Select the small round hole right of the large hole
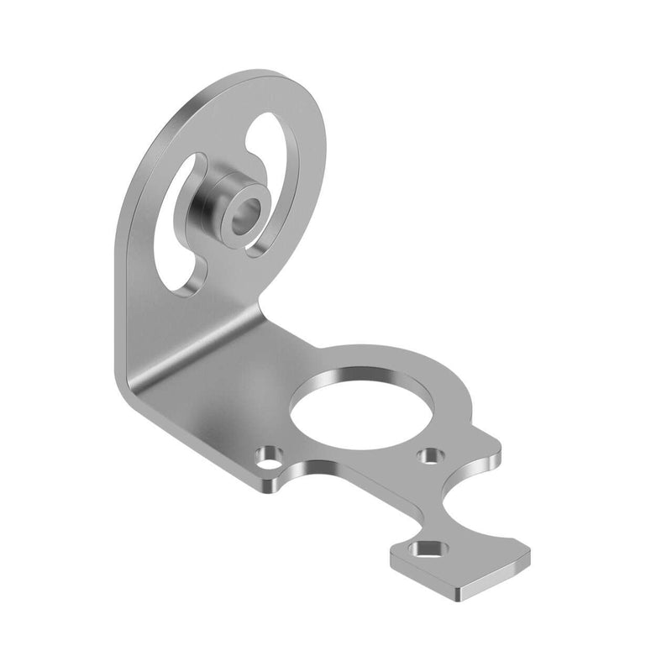pyautogui.click(x=433, y=455)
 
